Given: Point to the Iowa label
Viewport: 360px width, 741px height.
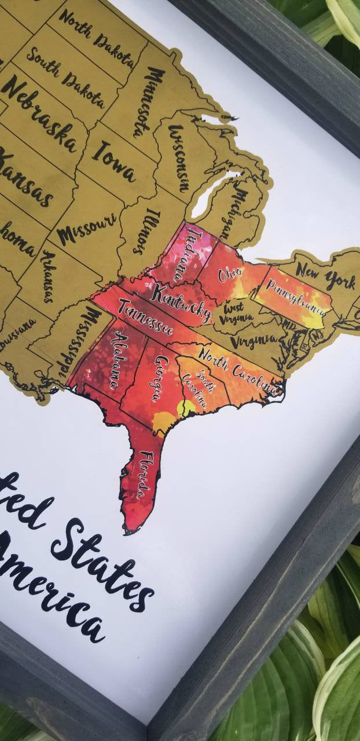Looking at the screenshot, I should pos(115,160).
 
